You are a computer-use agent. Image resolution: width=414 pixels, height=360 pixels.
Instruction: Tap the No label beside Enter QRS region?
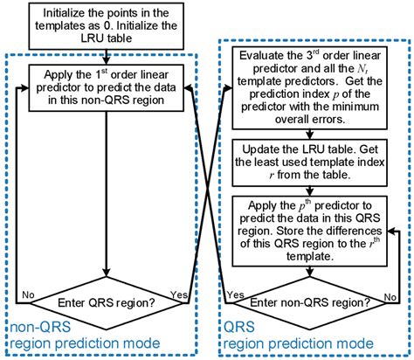click(x=29, y=294)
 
